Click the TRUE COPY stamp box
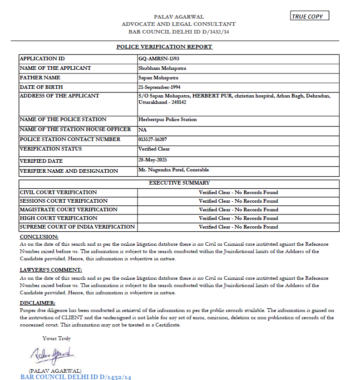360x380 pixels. tap(309, 16)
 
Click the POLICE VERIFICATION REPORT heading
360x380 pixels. tap(164, 47)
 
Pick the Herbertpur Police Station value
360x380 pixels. tap(168, 120)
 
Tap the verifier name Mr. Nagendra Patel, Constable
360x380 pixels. tap(173, 170)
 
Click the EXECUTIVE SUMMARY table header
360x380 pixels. tap(179, 183)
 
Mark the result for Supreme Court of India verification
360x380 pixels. tap(238, 227)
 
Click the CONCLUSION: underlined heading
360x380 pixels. tap(39, 237)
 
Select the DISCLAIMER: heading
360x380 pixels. tap(38, 303)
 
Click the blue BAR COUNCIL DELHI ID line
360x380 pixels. tap(76, 377)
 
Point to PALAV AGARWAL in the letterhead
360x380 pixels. tap(178, 17)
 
